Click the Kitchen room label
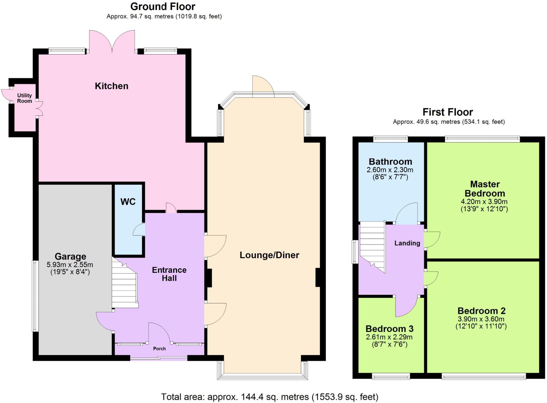tap(111, 86)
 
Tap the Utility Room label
tap(25, 98)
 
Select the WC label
tap(128, 202)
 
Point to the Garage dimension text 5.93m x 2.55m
tap(70, 265)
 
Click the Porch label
tap(159, 348)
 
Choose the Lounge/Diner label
tap(269, 255)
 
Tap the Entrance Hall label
tap(169, 274)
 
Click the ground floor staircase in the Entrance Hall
tap(124, 287)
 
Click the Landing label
tap(407, 243)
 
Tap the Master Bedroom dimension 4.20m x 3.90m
tap(484, 202)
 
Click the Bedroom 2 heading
tap(481, 311)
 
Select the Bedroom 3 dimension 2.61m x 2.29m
tap(389, 337)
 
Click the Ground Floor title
tap(163, 6)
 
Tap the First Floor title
tap(448, 112)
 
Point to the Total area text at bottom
tap(269, 397)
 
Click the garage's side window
tap(35, 296)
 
